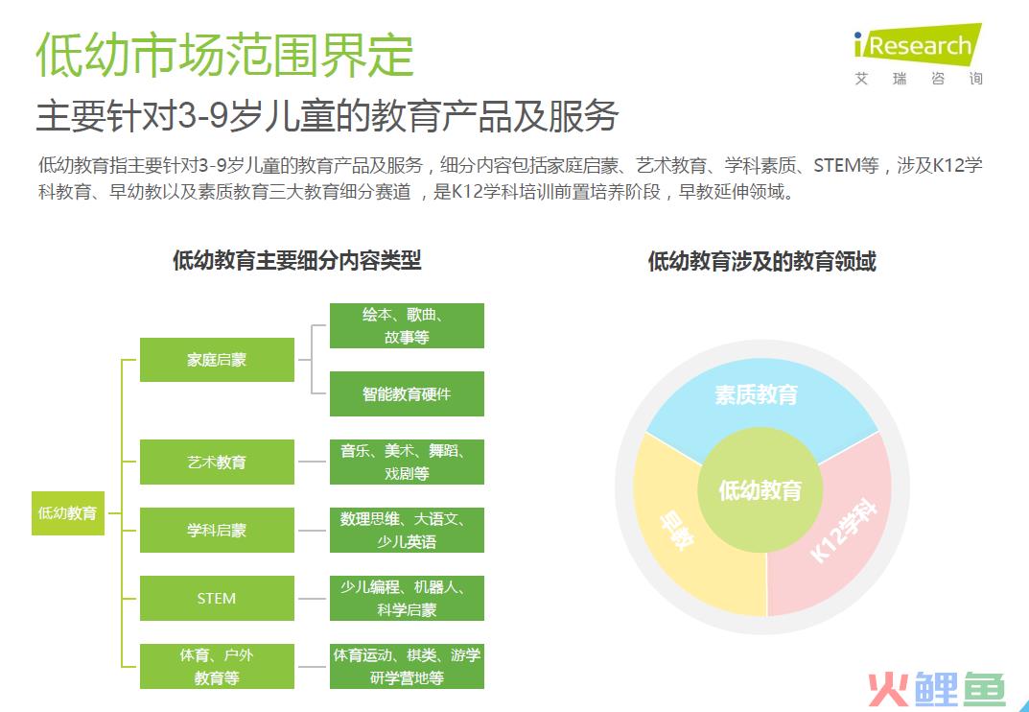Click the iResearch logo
tap(918, 55)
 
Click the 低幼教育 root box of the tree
tap(67, 513)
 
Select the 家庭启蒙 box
tap(217, 360)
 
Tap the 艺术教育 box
tap(217, 462)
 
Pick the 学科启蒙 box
tap(217, 530)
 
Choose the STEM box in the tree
tap(217, 599)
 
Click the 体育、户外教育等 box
tap(217, 666)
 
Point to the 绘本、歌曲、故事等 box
tap(407, 326)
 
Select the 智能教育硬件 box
tap(407, 394)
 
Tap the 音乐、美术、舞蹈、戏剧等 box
tap(407, 462)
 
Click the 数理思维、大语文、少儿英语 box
tap(407, 530)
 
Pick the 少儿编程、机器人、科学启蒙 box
tap(407, 599)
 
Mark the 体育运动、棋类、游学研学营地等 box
tap(407, 666)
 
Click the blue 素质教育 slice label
tap(756, 394)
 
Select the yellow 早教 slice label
tap(677, 530)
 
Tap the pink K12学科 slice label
tap(844, 531)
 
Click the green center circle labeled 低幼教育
tap(760, 490)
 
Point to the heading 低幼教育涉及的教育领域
tap(761, 261)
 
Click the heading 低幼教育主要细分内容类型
tap(296, 261)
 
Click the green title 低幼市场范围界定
tap(225, 55)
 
